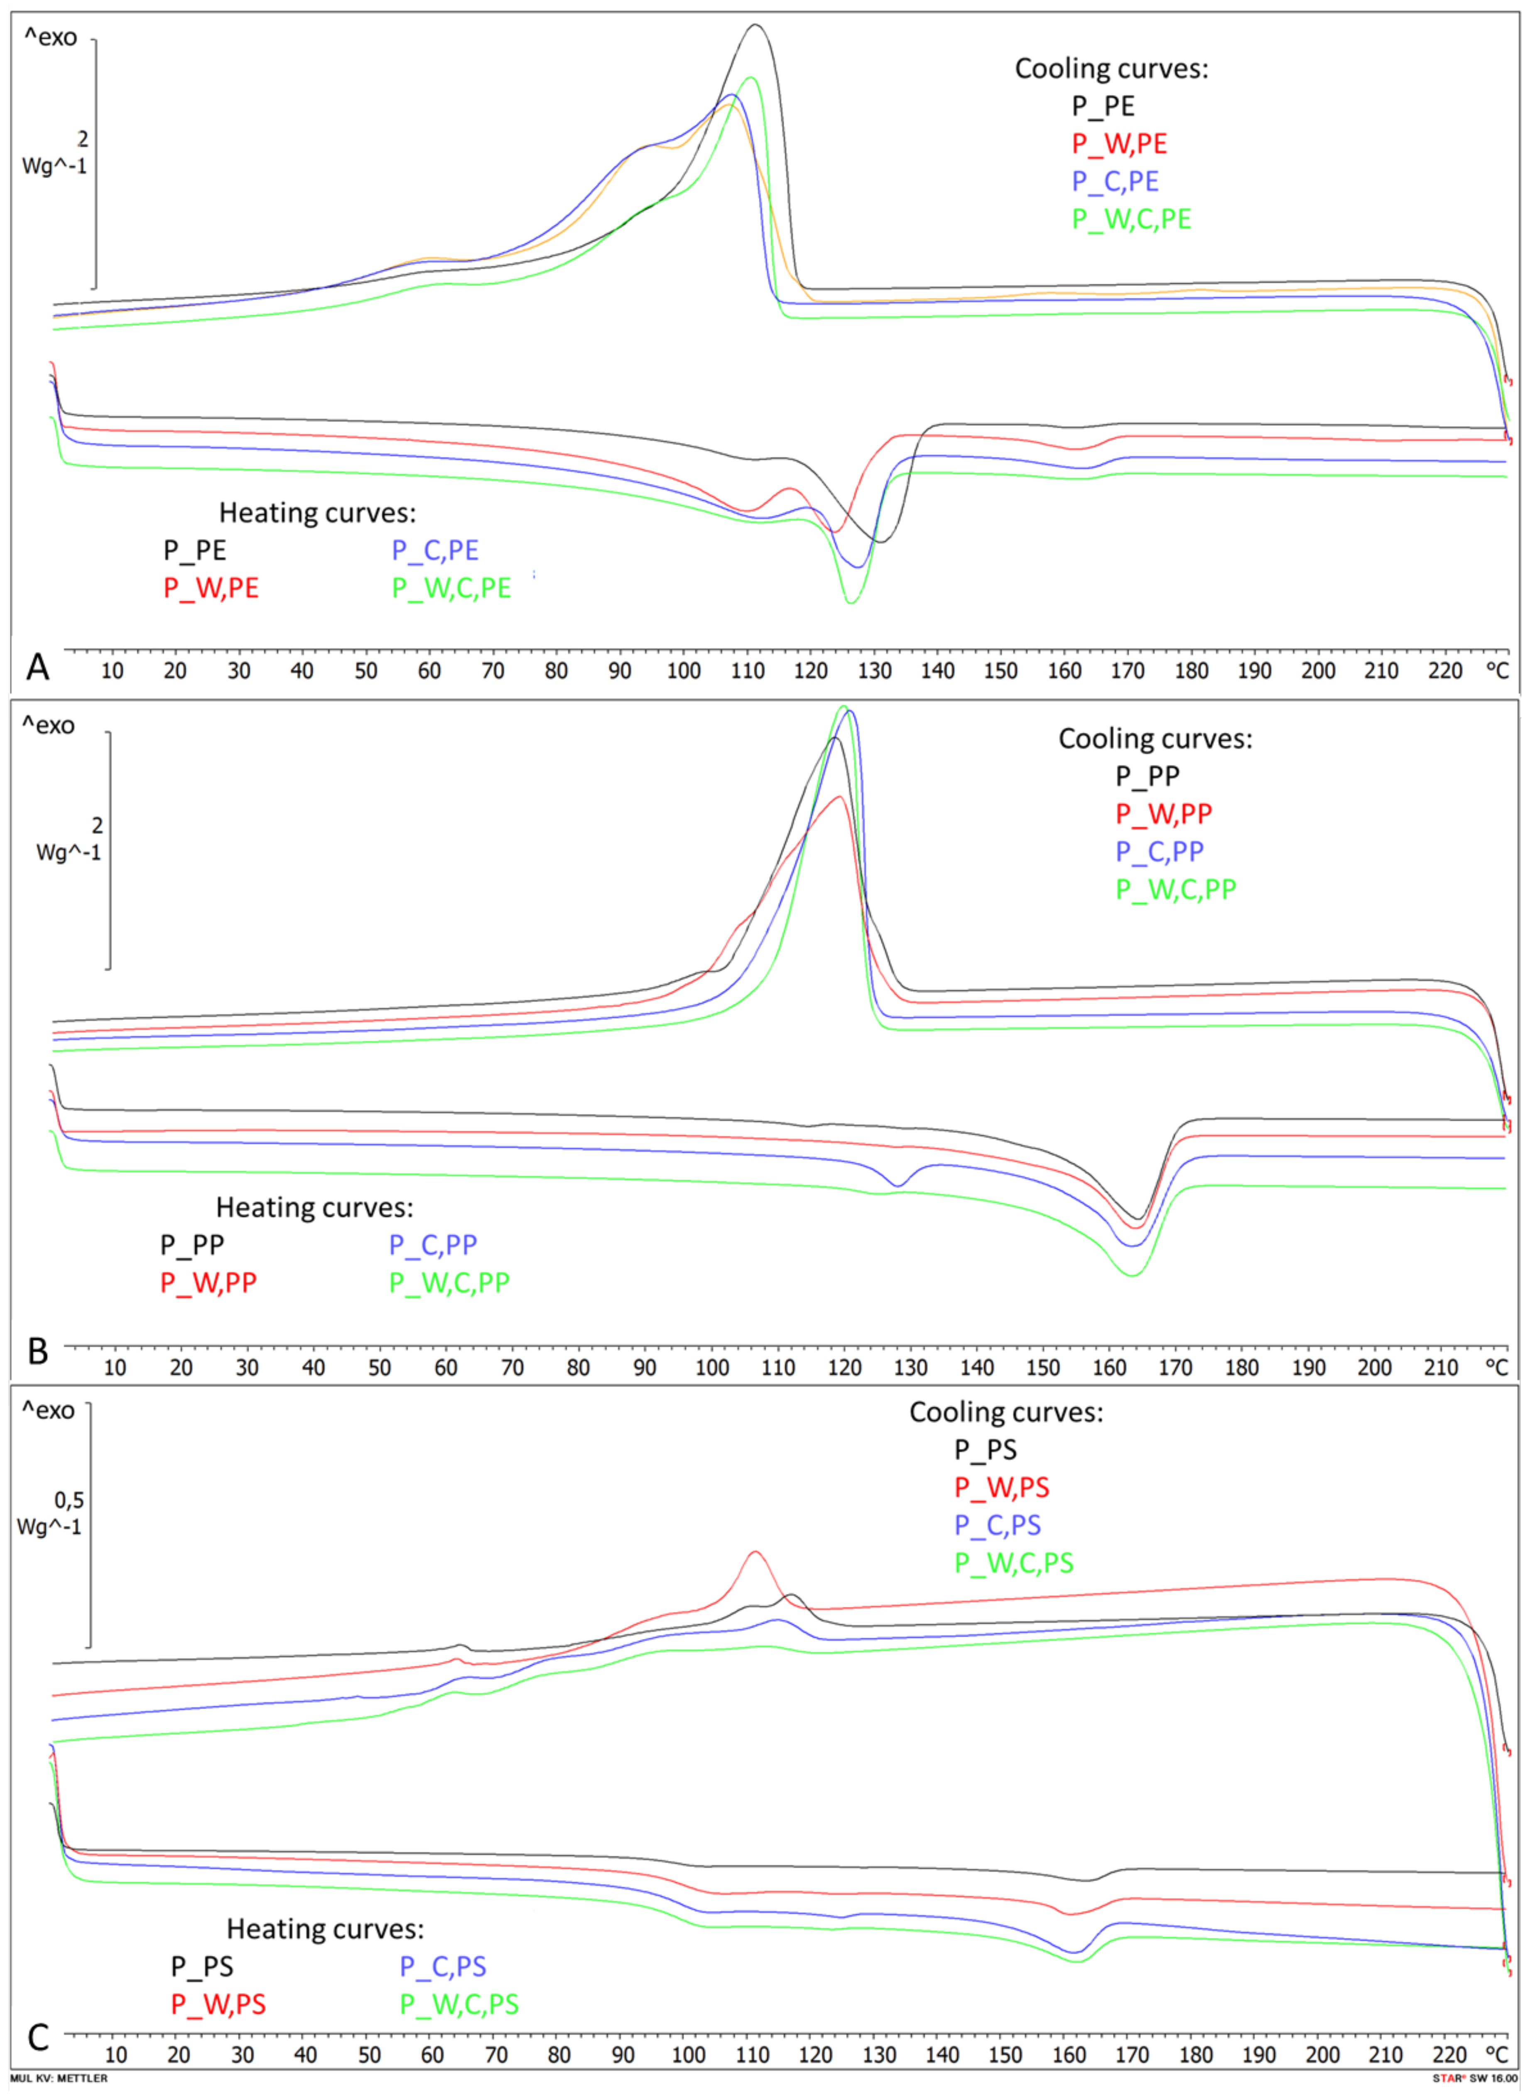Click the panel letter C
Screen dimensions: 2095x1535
click(38, 2037)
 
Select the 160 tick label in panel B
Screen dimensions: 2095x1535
click(1109, 1367)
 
